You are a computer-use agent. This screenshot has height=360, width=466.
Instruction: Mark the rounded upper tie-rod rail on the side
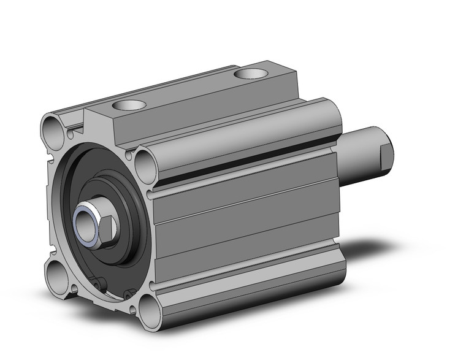tap(245, 135)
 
